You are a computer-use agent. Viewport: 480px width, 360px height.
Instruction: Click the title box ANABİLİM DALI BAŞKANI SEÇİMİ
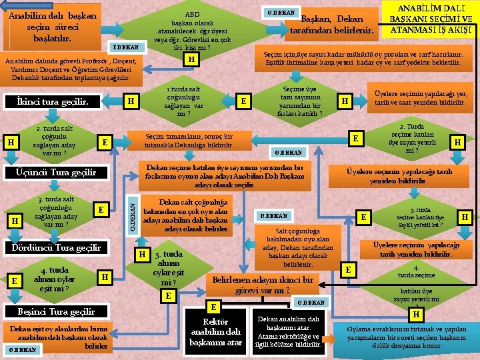tap(430, 19)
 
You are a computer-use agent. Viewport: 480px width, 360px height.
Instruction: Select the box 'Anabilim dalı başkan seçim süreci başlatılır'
tap(52, 25)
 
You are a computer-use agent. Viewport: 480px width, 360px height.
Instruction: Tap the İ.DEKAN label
tap(125, 47)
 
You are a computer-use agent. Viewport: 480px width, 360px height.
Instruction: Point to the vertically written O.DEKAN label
tap(133, 213)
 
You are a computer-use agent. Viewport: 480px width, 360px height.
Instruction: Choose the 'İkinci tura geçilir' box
tap(61, 101)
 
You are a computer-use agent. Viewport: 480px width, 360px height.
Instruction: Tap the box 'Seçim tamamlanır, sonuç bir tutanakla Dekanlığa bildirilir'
tap(189, 141)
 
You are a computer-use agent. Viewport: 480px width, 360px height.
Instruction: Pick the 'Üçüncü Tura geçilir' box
tap(61, 173)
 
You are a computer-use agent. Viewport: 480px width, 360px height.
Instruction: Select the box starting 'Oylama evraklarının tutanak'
tap(409, 337)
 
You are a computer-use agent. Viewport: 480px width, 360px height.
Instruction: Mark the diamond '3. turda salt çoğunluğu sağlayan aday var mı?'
tap(57, 211)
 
